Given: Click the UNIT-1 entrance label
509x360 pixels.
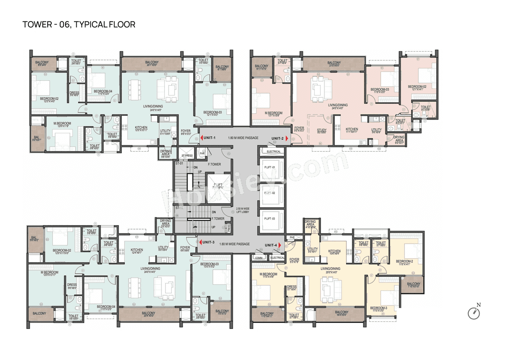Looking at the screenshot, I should click(x=208, y=138).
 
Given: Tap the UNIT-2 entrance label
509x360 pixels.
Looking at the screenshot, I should click(x=277, y=138).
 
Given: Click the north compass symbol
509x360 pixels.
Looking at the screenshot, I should click(x=474, y=313).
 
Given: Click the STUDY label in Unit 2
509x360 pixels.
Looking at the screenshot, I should click(x=322, y=130).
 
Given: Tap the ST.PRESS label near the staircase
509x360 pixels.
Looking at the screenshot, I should click(x=187, y=155).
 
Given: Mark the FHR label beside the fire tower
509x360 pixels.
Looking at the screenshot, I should click(x=202, y=153).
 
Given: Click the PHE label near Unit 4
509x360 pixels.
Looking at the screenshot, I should click(x=292, y=237).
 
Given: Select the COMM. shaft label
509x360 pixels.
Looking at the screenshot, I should click(x=258, y=258).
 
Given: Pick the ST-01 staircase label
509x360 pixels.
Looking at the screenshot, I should click(x=179, y=163).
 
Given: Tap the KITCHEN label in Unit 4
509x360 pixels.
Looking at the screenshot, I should click(x=334, y=251).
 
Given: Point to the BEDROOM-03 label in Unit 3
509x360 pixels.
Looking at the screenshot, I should click(x=209, y=264).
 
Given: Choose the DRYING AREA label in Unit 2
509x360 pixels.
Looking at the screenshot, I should click(x=399, y=139).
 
